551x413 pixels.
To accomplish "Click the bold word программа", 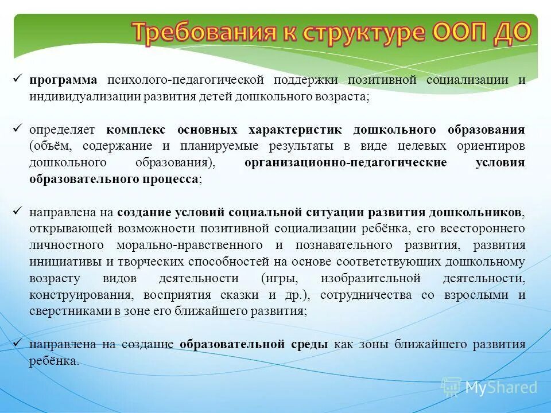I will click(64, 80).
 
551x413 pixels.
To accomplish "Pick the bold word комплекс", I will click(137, 130).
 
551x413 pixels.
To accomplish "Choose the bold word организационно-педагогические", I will click(346, 162).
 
